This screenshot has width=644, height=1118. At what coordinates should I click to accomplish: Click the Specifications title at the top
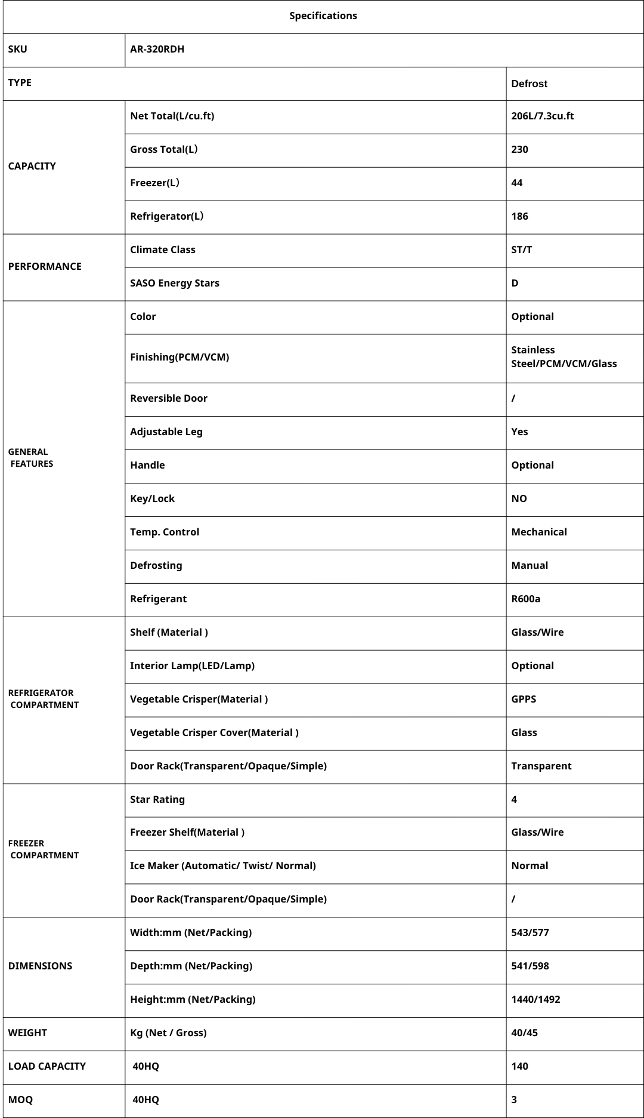point(323,16)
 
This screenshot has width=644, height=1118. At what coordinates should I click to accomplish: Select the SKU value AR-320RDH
point(157,50)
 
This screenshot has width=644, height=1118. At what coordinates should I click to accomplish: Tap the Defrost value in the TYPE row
point(529,84)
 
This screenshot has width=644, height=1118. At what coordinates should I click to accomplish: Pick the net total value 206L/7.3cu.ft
point(542,116)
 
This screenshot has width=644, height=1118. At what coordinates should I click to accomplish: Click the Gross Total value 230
point(519,150)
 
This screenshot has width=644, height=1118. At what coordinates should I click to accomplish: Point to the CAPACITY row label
point(32,167)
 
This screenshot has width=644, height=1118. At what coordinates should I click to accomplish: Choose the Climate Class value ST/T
point(521,250)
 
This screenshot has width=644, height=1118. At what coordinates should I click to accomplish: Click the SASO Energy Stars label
point(174,284)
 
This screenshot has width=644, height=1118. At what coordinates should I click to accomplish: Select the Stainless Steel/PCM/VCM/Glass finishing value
point(563,357)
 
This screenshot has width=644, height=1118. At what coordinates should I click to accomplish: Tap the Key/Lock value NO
point(519,499)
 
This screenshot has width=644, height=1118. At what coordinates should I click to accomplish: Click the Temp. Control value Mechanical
point(538,532)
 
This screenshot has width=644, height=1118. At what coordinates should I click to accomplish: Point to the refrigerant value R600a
point(525,599)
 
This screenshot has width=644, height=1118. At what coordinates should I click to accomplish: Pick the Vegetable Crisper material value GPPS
point(524,700)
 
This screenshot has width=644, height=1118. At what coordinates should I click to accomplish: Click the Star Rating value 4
point(514,800)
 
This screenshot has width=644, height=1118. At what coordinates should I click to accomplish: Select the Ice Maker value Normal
point(530,866)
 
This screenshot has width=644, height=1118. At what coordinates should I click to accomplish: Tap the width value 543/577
point(530,933)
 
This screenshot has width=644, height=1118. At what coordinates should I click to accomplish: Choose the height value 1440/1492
point(535,1000)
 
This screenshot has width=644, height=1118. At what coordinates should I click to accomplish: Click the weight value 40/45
point(524,1033)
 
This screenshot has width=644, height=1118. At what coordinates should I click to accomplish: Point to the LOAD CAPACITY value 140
point(519,1067)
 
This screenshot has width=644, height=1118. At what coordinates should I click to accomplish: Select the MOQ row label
point(20,1100)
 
